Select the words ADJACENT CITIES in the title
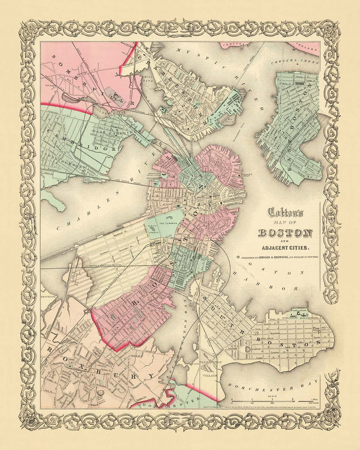click(285, 246)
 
